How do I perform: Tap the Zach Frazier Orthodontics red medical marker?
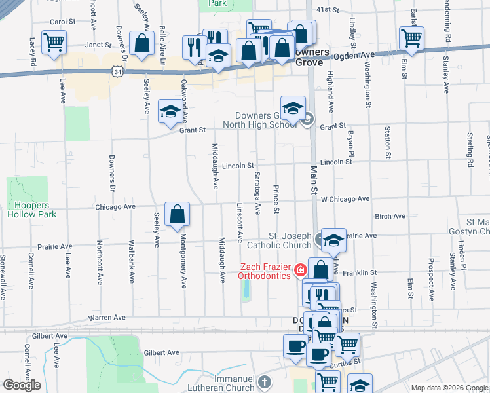301,269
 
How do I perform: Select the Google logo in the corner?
22,385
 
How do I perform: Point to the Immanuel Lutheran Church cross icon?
263,381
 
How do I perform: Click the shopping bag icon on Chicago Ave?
177,214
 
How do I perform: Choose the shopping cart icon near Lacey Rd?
54,43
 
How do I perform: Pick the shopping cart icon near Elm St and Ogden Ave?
411,38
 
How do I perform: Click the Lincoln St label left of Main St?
237,166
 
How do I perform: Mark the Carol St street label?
58,22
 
